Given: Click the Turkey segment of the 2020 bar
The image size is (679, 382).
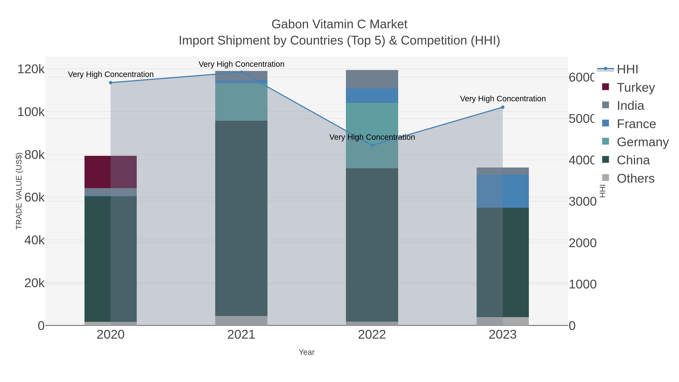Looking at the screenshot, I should click(111, 172).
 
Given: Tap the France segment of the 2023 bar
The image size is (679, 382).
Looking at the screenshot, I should click(503, 191).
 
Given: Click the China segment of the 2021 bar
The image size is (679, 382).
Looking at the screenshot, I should click(241, 218).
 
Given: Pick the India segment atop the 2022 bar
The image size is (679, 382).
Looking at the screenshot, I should click(372, 79).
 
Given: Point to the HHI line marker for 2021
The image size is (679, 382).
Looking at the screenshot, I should click(241, 72).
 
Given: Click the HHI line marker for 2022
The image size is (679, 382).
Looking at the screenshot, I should click(372, 145).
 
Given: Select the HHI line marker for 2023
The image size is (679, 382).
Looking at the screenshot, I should click(503, 107).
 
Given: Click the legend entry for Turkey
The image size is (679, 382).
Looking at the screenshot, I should click(635, 88).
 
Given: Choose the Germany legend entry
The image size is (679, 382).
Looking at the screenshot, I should click(642, 142).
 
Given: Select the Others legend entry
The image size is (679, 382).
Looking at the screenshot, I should click(635, 178).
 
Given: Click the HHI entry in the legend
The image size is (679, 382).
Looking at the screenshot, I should click(627, 69).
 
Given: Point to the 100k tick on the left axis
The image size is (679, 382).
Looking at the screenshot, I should click(31, 112).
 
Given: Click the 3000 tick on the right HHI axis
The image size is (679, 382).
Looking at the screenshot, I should click(582, 202).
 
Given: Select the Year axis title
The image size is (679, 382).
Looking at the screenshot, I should click(306, 352).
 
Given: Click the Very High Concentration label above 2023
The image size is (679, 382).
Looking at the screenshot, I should click(503, 99).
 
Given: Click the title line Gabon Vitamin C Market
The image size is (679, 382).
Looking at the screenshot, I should click(339, 24).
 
